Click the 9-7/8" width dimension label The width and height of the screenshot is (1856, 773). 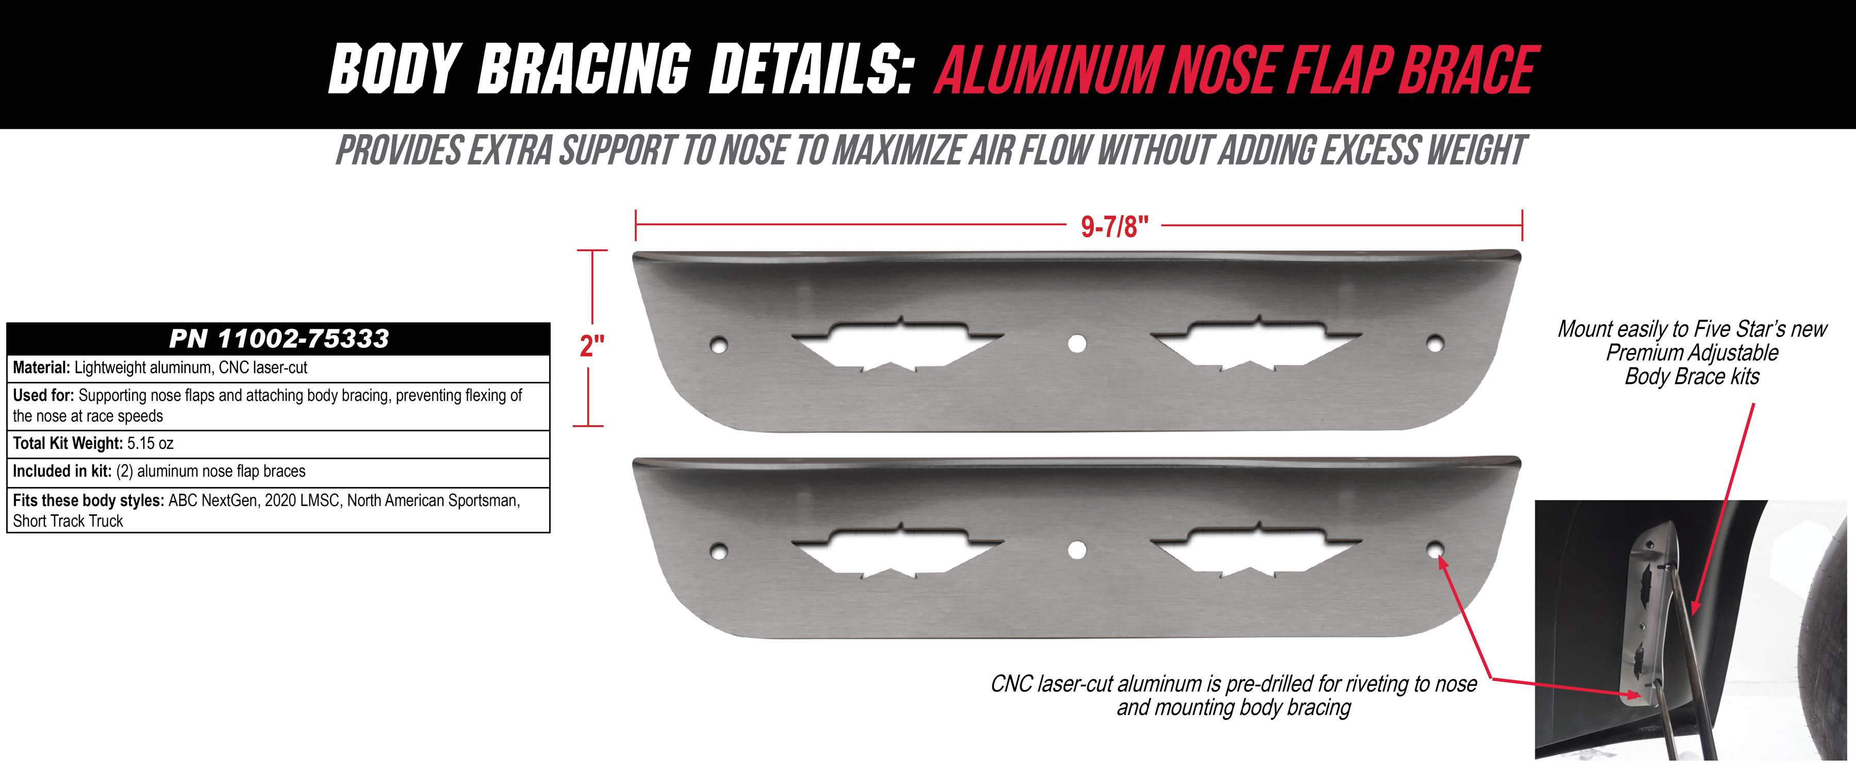click(x=1114, y=226)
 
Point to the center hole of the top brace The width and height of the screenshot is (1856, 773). click(x=1077, y=344)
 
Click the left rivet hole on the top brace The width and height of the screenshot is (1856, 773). click(x=718, y=344)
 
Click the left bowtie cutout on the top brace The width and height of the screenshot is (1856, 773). click(x=898, y=344)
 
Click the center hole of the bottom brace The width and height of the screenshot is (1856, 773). click(x=1077, y=550)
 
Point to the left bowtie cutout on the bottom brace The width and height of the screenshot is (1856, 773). click(x=898, y=550)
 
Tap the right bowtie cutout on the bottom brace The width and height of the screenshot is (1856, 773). click(x=1256, y=550)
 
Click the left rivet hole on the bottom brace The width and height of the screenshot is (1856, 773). click(x=718, y=552)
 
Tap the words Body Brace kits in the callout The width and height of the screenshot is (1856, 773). click(x=1692, y=377)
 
